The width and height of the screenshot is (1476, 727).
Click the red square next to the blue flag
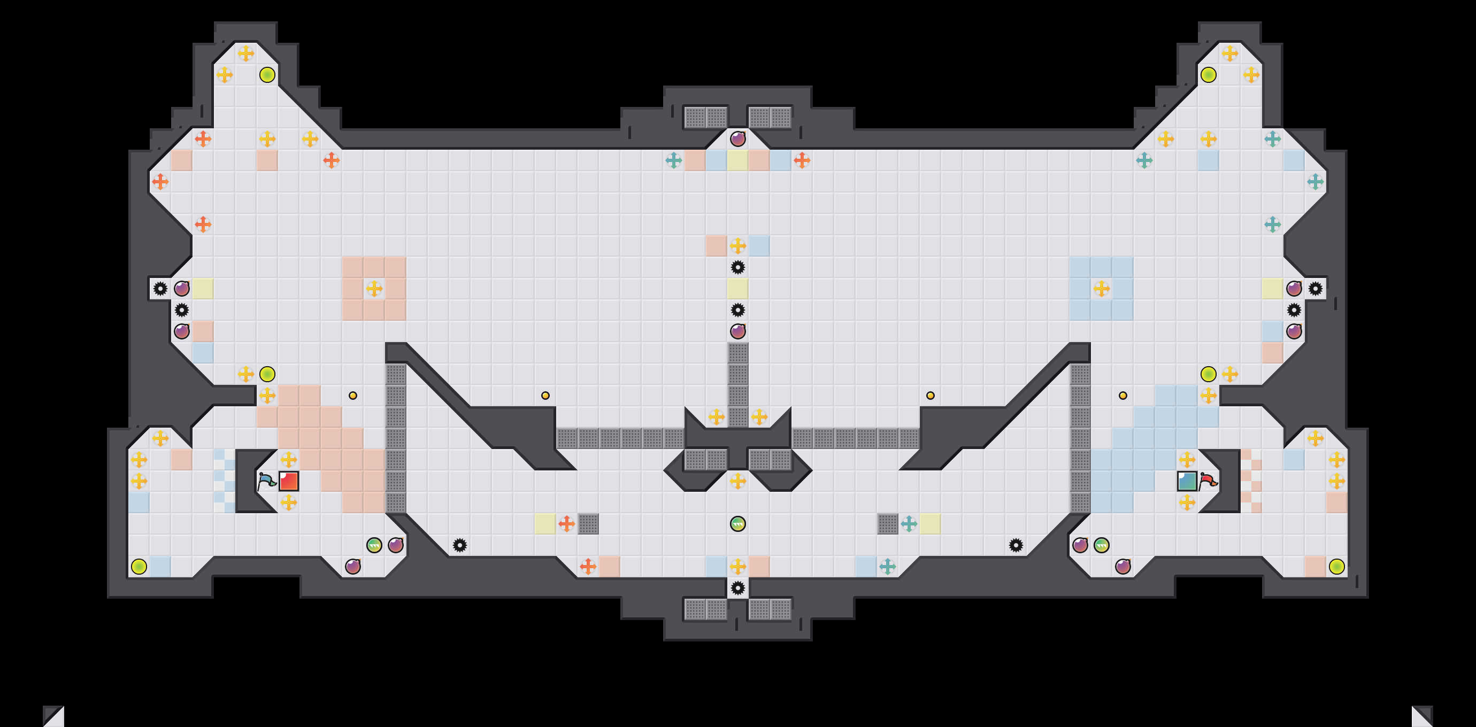pos(289,481)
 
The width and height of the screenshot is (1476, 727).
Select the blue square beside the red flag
pos(1187,481)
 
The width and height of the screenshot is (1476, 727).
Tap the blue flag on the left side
pos(266,481)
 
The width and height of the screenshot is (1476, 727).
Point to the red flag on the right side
pos(1209,481)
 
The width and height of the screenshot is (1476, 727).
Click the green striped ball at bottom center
pos(738,524)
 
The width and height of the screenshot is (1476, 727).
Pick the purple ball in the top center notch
pos(738,138)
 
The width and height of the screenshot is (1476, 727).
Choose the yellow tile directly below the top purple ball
pos(738,161)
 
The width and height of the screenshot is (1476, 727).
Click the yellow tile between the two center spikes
pos(738,289)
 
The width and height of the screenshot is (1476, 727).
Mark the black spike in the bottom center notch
pos(738,588)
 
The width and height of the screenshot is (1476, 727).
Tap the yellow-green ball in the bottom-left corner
pos(139,567)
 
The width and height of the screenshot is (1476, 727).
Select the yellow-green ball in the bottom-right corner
pos(1337,567)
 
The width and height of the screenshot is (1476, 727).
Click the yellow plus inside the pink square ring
pos(374,289)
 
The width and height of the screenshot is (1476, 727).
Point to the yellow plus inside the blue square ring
pos(1101,289)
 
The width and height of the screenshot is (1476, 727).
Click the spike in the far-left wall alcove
pos(160,289)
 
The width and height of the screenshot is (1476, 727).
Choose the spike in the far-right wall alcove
pos(1316,289)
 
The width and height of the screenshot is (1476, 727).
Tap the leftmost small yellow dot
pos(353,395)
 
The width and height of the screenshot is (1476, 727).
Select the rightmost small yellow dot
pos(1123,395)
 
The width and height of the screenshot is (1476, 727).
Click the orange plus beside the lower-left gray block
pos(567,524)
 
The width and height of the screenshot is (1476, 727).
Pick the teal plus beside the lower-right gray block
pos(909,524)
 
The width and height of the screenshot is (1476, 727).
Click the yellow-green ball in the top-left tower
pos(267,74)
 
